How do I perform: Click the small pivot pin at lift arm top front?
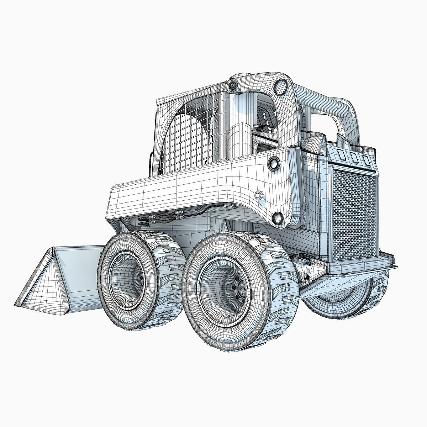(x=233, y=85)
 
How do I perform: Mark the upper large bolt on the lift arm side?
(x=275, y=163)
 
